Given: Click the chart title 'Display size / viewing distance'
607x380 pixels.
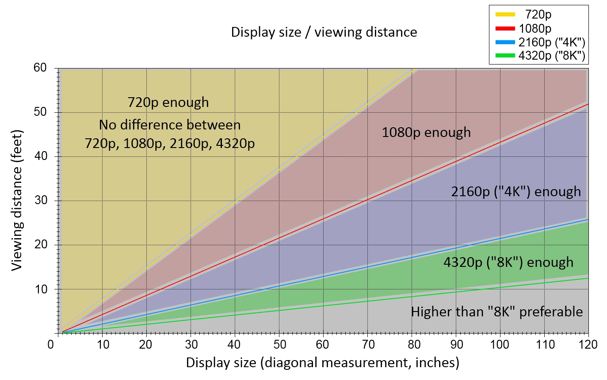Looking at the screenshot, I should [x=324, y=32].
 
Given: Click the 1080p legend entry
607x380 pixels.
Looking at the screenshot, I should [x=535, y=29].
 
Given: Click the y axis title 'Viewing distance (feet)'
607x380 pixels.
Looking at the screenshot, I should [x=17, y=201].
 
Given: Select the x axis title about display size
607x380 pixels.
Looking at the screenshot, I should [x=323, y=363].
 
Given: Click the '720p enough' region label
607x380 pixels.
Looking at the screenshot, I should [x=168, y=103].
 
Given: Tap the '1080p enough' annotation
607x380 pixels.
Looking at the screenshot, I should [x=426, y=132].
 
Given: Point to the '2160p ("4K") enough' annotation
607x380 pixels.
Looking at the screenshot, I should [x=515, y=192].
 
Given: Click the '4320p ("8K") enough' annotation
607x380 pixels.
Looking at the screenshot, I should [x=508, y=262].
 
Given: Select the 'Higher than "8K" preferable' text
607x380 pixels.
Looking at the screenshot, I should [x=497, y=312].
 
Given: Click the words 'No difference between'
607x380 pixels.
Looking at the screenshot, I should [x=170, y=125].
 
